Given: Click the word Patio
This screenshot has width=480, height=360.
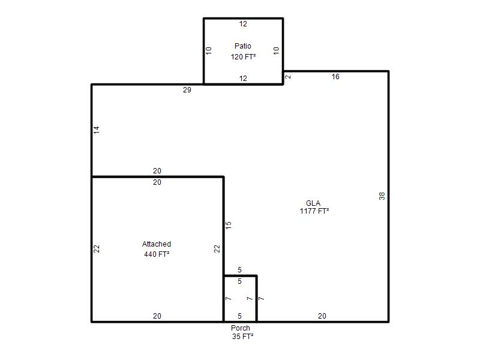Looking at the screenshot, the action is tap(243, 46).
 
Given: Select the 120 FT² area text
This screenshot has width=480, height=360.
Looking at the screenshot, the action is tap(243, 56).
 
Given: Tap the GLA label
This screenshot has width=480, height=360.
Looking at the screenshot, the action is tap(313, 203).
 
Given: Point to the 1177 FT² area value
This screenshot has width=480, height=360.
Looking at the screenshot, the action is tap(314, 211).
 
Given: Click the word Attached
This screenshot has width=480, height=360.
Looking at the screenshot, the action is tap(157, 244).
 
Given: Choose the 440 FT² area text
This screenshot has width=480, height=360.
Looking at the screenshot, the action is tap(157, 254).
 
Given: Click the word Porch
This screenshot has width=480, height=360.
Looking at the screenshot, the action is tap(241, 328).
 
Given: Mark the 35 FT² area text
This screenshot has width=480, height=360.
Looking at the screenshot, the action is tap(243, 337).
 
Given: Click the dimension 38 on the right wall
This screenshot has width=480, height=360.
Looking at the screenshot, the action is tap(382, 196).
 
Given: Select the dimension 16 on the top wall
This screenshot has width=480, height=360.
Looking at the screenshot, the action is tap(335, 77).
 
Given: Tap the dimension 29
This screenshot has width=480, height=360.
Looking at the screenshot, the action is tap(187, 89).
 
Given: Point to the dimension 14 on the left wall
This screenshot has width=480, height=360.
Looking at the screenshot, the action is tap(97, 130).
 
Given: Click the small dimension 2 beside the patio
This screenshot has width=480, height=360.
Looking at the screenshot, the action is tap(288, 77).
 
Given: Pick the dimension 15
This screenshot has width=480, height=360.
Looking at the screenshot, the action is tap(229, 226).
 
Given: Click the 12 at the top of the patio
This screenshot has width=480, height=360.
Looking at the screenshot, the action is tap(243, 24).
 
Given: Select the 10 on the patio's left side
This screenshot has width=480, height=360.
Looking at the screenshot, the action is tap(208, 50).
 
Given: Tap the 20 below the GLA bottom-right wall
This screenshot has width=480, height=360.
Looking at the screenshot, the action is tap(322, 316).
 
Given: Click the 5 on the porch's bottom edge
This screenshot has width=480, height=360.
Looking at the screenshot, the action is tap(239, 316).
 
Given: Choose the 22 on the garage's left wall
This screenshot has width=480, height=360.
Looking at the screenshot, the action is tap(97, 248).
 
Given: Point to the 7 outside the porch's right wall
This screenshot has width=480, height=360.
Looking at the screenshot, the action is tap(261, 298).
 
